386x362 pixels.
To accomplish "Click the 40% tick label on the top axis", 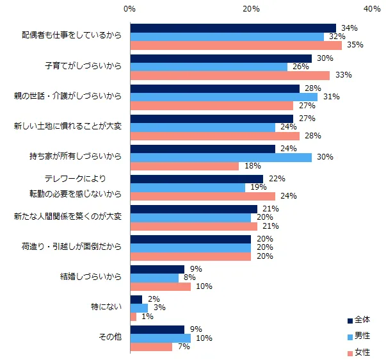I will pos(372,8).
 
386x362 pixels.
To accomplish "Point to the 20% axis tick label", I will pos(251,8).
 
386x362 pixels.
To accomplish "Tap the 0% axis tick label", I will pos(129,8).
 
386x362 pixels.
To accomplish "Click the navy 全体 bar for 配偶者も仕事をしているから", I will pos(232,28).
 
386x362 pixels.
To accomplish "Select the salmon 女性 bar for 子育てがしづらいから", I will pos(229,75).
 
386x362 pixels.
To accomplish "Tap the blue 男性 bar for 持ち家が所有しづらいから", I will pos(220,157).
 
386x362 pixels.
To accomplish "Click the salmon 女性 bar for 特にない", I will pos(133,317).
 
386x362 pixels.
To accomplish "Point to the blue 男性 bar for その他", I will pos(160,338).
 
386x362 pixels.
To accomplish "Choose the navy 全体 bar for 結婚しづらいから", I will pos(157,270).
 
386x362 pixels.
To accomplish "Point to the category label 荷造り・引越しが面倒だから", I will pos(71,247).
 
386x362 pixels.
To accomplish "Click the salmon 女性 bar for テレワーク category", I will pos(202,196).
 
